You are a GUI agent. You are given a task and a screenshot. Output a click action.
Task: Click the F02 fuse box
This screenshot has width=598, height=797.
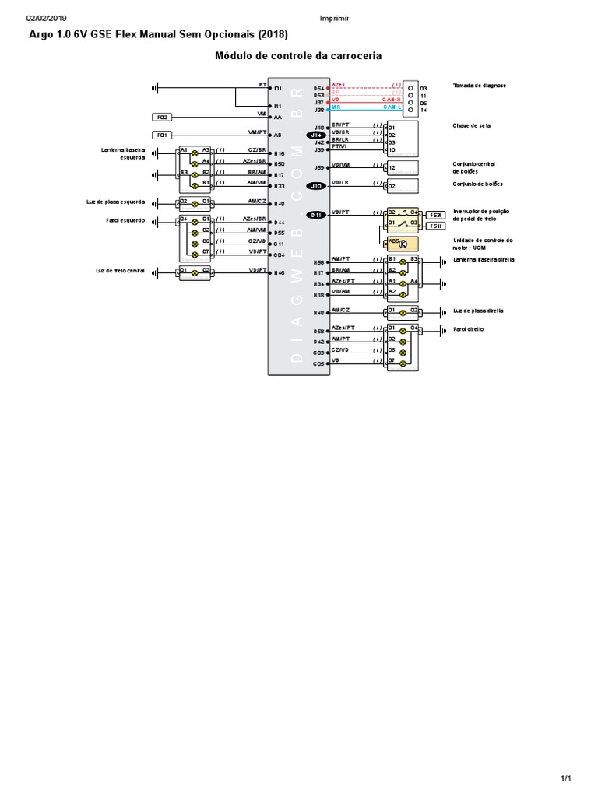pyautogui.click(x=163, y=117)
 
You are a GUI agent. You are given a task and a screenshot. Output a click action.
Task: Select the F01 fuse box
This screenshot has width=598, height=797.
pyautogui.click(x=163, y=135)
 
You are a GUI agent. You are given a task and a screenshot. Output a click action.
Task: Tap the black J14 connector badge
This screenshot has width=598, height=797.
pyautogui.click(x=316, y=135)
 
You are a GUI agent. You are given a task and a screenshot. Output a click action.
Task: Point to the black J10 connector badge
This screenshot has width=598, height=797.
pyautogui.click(x=316, y=186)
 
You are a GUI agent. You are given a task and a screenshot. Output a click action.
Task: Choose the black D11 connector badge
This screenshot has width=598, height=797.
pyautogui.click(x=316, y=215)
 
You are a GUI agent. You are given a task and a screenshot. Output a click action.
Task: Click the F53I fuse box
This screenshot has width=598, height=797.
pyautogui.click(x=436, y=215)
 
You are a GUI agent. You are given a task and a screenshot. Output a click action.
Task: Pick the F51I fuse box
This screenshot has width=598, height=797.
pyautogui.click(x=436, y=226)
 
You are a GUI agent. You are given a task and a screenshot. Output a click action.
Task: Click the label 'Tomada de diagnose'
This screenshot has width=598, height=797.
pyautogui.click(x=479, y=85)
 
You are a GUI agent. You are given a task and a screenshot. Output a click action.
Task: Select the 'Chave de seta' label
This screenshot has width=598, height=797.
pyautogui.click(x=471, y=125)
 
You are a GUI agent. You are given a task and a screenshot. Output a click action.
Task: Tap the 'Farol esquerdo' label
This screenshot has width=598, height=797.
pyautogui.click(x=125, y=220)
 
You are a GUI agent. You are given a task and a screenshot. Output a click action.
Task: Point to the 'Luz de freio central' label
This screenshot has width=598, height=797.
pyautogui.click(x=121, y=270)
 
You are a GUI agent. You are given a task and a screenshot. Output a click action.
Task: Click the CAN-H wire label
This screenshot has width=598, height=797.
pyautogui.click(x=392, y=100)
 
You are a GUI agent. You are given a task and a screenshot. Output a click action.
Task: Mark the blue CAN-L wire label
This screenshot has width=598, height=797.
pyautogui.click(x=392, y=108)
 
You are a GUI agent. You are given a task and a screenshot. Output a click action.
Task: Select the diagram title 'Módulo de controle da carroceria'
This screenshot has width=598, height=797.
pyautogui.click(x=298, y=56)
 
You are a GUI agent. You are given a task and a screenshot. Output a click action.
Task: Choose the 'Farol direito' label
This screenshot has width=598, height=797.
pyautogui.click(x=469, y=329)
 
